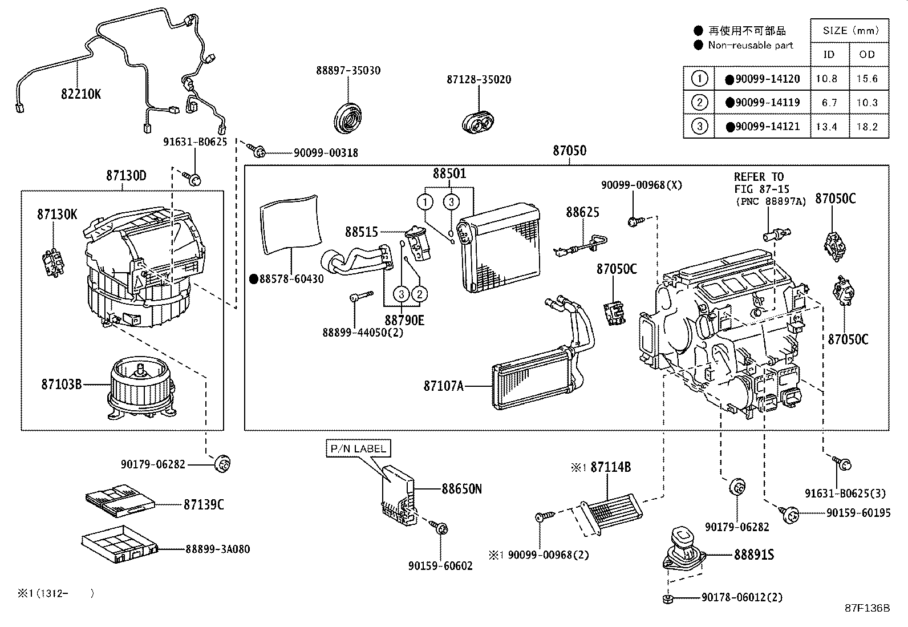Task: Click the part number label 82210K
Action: point(81,94)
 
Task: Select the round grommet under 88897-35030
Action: point(348,119)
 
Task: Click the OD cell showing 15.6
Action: point(867,79)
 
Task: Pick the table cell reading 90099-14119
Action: point(767,103)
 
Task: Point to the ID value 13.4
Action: point(826,127)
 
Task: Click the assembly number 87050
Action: point(569,151)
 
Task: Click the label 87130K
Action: point(57,215)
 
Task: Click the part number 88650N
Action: point(461,489)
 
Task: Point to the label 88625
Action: point(582,212)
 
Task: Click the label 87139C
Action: point(204,504)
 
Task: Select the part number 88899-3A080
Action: point(217,549)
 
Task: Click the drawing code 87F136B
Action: point(867,608)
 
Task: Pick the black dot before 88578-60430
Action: point(254,279)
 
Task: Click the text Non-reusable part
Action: point(750,45)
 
